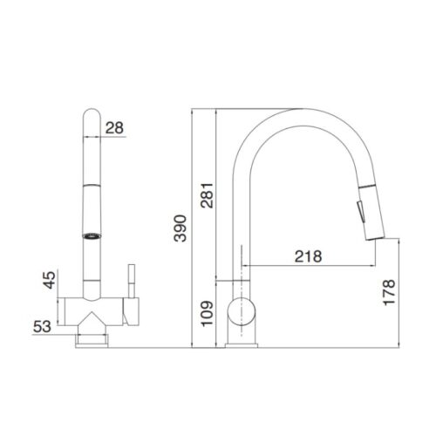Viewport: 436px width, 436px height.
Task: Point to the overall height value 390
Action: tap(178, 228)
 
